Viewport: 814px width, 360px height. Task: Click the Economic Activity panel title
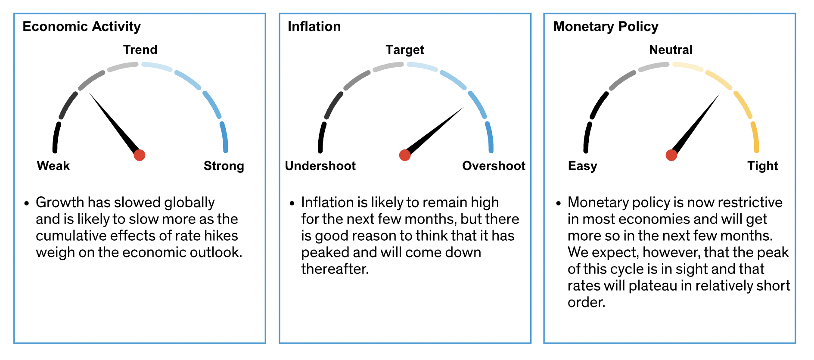tap(82, 27)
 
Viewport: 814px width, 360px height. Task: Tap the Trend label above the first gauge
tap(140, 50)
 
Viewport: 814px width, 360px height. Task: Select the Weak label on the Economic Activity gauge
tap(53, 166)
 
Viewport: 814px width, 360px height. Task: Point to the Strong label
tap(224, 166)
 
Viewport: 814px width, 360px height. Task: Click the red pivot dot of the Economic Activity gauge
tap(140, 155)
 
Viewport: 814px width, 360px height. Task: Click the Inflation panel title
tap(314, 27)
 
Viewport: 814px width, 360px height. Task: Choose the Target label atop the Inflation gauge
tap(405, 50)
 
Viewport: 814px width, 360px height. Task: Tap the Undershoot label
tap(320, 166)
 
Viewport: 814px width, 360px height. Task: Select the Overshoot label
tap(494, 166)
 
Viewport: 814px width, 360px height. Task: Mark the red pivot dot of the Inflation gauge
tap(405, 155)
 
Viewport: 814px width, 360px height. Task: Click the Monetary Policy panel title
tap(606, 27)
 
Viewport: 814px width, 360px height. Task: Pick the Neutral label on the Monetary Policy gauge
tap(671, 50)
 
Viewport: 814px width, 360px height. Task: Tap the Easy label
tap(583, 166)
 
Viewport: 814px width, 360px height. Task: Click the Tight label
tap(763, 166)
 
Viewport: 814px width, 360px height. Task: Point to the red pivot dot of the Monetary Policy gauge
tap(671, 155)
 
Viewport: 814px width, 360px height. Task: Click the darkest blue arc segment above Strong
tap(224, 137)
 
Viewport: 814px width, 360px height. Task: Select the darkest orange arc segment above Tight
tap(755, 137)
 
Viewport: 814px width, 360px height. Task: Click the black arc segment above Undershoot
tap(321, 137)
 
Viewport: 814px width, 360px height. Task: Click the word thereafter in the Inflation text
tap(335, 269)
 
